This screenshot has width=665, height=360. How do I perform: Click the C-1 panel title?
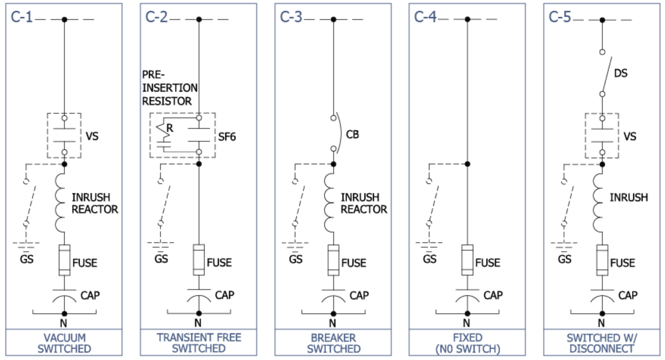[21, 17]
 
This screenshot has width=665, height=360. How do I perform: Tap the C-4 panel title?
[425, 17]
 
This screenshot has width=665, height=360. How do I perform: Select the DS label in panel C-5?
[621, 73]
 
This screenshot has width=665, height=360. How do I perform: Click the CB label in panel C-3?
[352, 135]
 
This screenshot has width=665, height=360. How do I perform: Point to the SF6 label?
[227, 137]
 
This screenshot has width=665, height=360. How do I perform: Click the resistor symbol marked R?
[163, 131]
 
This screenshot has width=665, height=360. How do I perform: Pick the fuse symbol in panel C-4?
[467, 260]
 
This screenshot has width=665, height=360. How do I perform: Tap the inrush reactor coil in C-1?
[59, 203]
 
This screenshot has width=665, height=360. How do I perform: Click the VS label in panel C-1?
[92, 136]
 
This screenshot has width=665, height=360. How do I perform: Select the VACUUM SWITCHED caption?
[64, 343]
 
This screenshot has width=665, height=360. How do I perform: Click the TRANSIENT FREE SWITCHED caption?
[199, 343]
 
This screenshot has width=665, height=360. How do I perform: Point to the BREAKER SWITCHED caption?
[333, 343]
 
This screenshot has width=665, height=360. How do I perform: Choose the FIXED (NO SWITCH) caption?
[467, 343]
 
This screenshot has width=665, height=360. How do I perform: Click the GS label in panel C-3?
[295, 259]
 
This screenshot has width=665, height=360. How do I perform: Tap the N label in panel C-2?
[198, 323]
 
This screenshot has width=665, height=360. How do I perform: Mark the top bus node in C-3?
[333, 20]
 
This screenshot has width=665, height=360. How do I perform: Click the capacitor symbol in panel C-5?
[602, 296]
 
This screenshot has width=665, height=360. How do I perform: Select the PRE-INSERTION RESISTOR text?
[169, 88]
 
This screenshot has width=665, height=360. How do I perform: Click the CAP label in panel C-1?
[90, 295]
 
